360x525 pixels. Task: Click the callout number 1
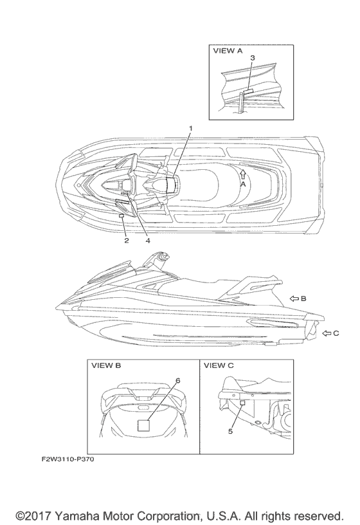coord(191,128)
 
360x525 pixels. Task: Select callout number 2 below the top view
coord(127,241)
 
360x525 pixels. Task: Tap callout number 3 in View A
coord(253,58)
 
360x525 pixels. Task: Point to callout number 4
coord(148,241)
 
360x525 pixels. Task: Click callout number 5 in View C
coord(230,431)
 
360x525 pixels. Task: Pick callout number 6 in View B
coord(177,380)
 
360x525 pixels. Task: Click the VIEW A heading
coord(228,51)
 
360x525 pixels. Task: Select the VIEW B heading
coord(106,365)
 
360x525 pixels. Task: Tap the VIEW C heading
coord(219,365)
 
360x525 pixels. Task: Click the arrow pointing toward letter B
coord(294,299)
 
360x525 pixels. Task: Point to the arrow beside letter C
coord(327,333)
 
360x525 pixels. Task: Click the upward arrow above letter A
coord(243,174)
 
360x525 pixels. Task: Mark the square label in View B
coord(144,425)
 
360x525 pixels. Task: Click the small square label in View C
coord(243,403)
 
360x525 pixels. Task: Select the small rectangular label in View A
coord(248,91)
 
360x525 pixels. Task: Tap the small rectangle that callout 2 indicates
coord(122,216)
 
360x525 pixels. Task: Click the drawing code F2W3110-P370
coord(67,459)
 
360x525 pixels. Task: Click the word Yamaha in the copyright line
coord(76,515)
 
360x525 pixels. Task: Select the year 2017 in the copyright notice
coord(37,515)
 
